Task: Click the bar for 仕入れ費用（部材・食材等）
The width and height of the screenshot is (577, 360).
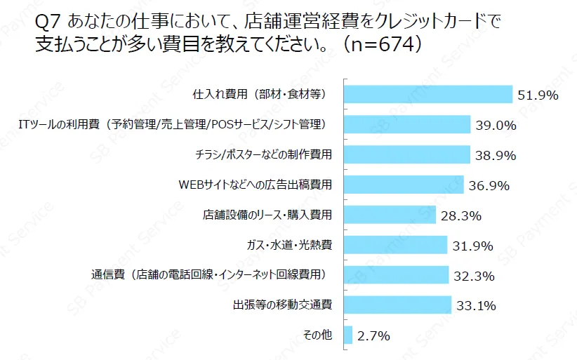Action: (x=428, y=94)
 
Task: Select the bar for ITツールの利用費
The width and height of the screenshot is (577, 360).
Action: (x=407, y=124)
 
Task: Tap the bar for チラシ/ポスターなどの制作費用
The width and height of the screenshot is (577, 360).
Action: (x=407, y=154)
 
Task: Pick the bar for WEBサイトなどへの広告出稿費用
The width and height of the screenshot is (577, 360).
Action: (x=404, y=185)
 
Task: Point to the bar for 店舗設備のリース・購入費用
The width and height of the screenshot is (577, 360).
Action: (x=390, y=215)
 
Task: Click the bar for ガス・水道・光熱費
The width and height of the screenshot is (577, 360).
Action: (x=396, y=245)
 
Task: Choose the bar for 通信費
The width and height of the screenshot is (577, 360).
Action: (x=397, y=275)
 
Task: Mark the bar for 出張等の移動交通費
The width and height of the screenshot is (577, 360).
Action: (x=398, y=305)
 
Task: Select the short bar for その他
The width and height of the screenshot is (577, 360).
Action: (x=348, y=335)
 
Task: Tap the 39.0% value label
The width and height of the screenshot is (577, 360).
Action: (x=496, y=126)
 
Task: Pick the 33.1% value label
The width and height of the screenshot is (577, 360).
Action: (x=476, y=306)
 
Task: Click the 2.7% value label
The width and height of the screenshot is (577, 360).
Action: (x=373, y=336)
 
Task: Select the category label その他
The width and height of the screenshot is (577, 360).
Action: (x=317, y=335)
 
